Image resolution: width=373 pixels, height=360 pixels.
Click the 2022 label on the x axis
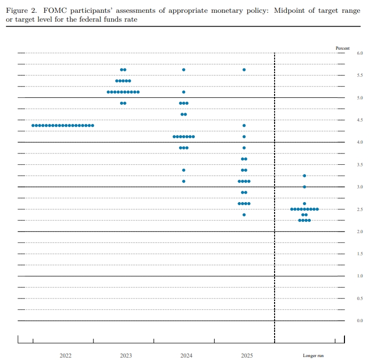click(65, 356)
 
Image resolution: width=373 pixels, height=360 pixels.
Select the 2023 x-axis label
click(126, 356)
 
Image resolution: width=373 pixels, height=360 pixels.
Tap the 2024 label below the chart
click(186, 356)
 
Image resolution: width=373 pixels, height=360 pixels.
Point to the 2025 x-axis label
click(247, 356)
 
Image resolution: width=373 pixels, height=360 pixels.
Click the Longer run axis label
click(313, 356)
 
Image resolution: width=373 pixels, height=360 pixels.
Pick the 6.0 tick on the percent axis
click(360, 53)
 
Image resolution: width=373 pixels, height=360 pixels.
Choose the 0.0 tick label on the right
click(360, 321)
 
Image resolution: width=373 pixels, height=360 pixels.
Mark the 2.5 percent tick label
click(360, 210)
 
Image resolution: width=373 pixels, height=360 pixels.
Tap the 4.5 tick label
click(360, 120)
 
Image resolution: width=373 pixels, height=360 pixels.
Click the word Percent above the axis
click(342, 48)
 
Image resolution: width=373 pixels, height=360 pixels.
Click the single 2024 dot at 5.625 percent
click(184, 70)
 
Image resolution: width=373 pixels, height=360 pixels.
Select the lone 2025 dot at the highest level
click(244, 70)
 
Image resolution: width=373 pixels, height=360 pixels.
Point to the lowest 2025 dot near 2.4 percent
click(244, 215)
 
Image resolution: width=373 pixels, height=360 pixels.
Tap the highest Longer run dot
click(305, 176)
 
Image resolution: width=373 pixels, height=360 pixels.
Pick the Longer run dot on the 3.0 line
click(305, 187)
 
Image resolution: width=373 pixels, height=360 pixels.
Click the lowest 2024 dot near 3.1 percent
click(184, 181)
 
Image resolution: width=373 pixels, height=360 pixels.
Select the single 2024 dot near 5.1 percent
click(184, 92)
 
